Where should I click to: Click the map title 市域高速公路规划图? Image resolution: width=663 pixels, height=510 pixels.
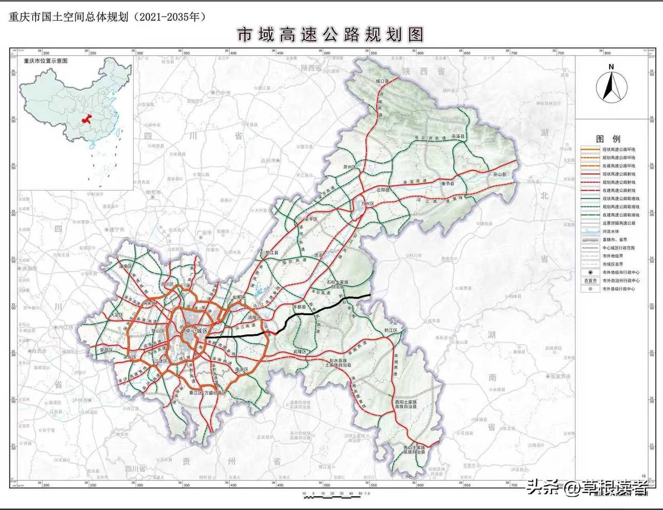(x=330, y=34)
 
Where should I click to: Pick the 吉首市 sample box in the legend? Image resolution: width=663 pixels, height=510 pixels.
(x=590, y=281)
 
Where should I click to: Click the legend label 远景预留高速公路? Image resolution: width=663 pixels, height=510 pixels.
(x=618, y=223)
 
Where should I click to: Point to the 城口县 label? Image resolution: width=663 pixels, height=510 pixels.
(x=382, y=82)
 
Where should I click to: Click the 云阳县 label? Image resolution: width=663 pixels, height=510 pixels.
(x=383, y=190)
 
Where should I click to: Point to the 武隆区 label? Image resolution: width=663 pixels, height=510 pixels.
(x=300, y=352)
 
